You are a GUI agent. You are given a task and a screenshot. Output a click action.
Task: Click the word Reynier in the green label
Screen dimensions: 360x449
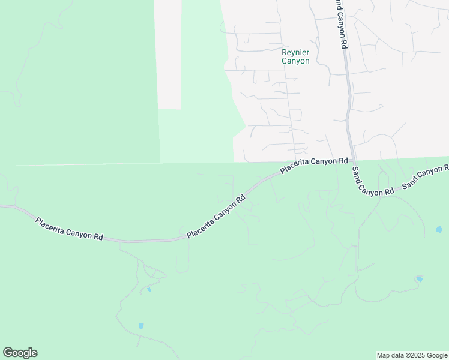click(295, 53)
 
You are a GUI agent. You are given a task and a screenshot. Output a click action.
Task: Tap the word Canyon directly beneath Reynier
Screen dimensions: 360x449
click(295, 61)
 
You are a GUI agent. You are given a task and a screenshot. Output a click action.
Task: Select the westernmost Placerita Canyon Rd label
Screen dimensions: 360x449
click(69, 229)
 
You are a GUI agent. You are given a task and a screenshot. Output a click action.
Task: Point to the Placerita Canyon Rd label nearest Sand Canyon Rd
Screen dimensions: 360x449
click(314, 166)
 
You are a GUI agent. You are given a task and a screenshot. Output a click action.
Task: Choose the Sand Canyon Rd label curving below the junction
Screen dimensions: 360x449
click(373, 181)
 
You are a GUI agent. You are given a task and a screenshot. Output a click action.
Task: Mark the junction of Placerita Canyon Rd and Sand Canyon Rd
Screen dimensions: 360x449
click(351, 160)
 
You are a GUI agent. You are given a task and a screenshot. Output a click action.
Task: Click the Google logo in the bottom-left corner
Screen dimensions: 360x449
click(20, 353)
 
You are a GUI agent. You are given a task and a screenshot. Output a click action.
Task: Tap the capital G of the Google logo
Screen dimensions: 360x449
click(8, 352)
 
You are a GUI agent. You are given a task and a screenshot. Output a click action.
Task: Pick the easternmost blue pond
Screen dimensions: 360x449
click(439, 230)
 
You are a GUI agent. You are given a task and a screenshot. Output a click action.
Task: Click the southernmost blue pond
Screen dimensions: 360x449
click(141, 326)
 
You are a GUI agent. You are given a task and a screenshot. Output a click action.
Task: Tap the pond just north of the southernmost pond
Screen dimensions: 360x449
click(148, 290)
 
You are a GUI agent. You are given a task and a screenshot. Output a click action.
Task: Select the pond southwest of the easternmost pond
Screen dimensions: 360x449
click(418, 279)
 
